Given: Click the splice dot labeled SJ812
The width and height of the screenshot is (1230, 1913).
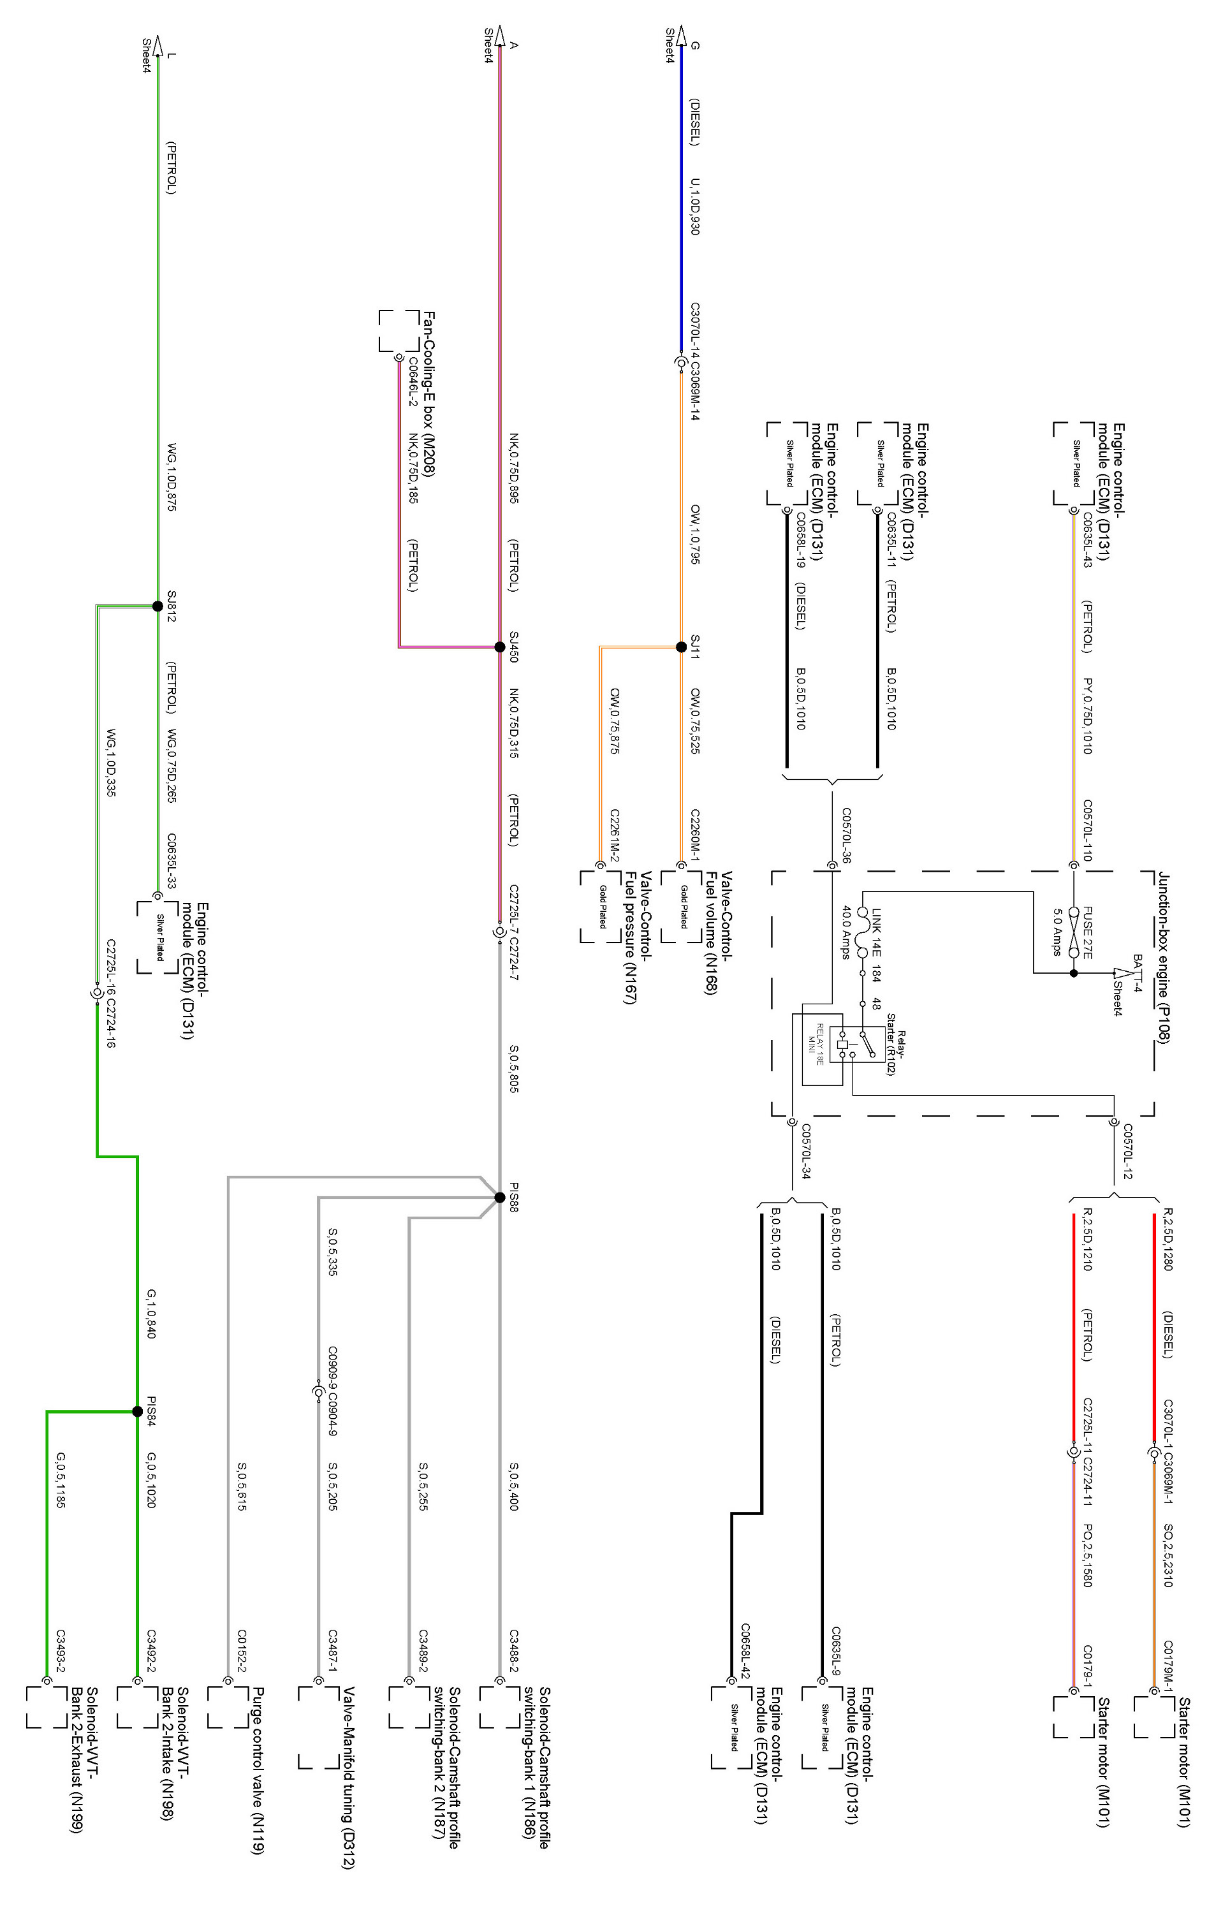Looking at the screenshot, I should coord(157,606).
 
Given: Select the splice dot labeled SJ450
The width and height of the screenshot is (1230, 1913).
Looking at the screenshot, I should coord(500,647).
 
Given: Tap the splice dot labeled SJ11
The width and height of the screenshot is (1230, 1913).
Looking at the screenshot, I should coord(680,647).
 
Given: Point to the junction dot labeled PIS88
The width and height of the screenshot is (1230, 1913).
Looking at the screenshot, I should coord(500,1198).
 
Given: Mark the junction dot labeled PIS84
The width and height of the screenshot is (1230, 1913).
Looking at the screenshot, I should coord(137,1412).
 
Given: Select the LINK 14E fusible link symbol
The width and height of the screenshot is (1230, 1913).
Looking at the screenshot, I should coord(863,932).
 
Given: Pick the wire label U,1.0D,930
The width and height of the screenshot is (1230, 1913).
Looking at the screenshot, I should coord(695,206).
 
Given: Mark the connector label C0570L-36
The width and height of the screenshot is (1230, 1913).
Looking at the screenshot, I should coord(846,835).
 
